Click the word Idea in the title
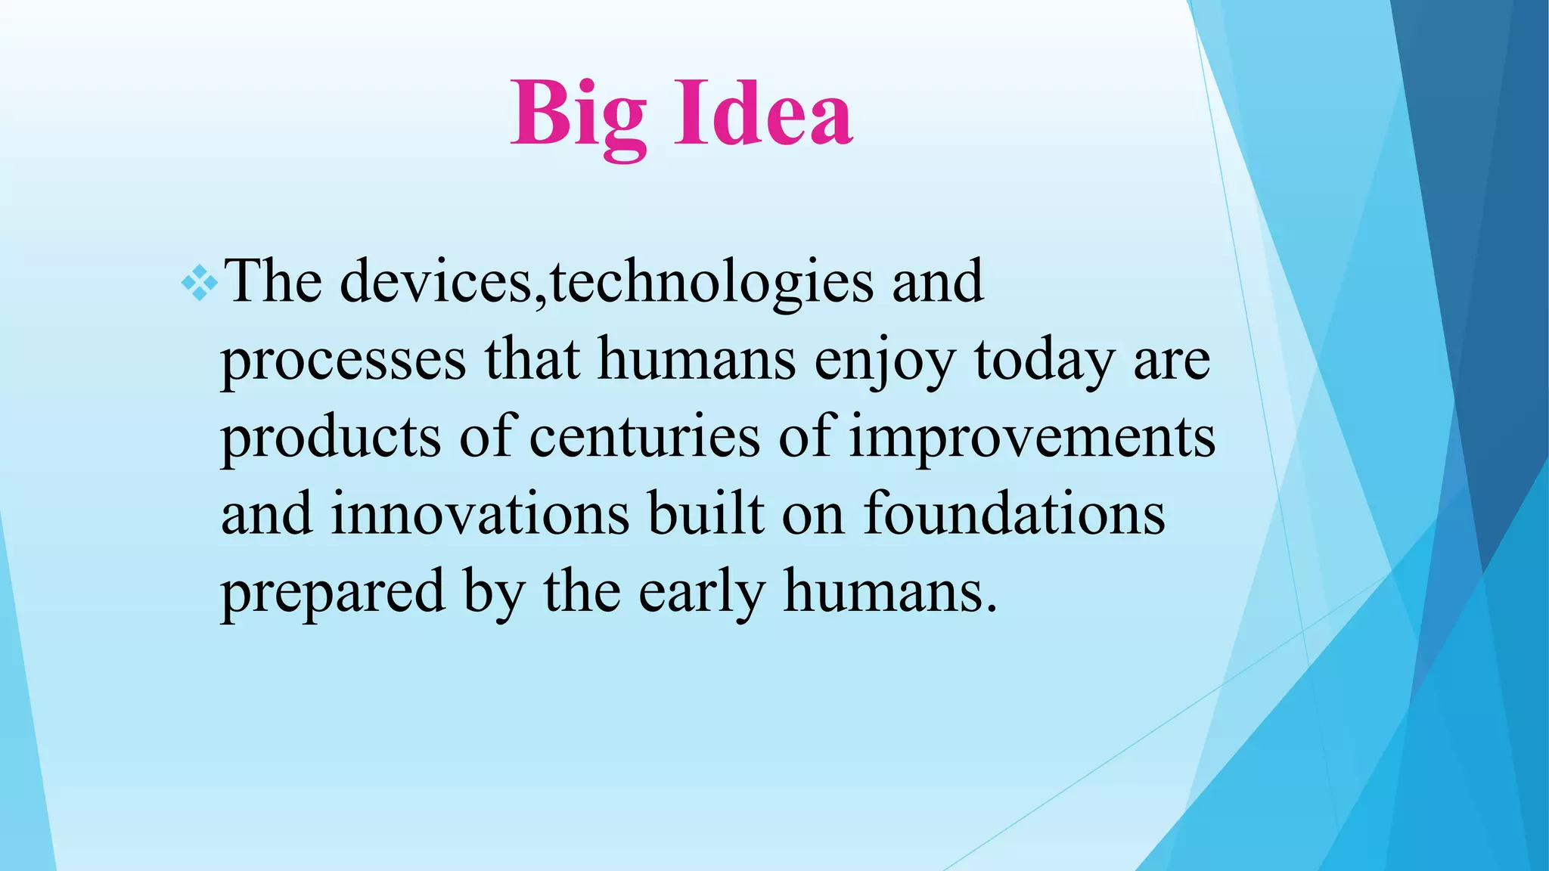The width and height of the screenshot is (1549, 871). [x=763, y=116]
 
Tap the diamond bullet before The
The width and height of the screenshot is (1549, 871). [x=200, y=284]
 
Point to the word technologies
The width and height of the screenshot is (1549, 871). [x=712, y=282]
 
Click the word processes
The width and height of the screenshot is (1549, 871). [x=343, y=361]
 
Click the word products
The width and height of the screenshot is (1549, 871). [x=331, y=439]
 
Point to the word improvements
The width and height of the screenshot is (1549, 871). [x=1032, y=439]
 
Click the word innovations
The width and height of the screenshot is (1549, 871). [x=480, y=514]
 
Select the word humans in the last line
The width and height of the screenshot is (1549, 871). [x=889, y=591]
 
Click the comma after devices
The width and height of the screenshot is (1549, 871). [x=540, y=299]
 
